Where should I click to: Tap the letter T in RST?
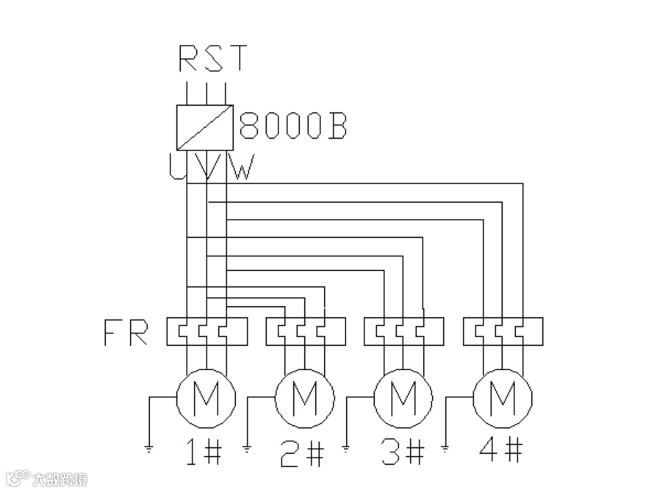(x=237, y=59)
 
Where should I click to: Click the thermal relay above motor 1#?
(x=206, y=331)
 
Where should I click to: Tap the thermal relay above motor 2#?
(x=305, y=331)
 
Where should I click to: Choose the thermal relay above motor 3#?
(x=403, y=331)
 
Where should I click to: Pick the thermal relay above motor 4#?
(x=503, y=331)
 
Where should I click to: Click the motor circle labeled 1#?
(x=206, y=399)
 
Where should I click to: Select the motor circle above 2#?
(x=304, y=399)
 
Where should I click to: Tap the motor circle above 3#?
(x=403, y=399)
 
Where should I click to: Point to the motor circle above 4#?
(x=503, y=399)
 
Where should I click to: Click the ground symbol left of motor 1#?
(x=149, y=445)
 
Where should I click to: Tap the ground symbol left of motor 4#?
(x=446, y=445)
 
